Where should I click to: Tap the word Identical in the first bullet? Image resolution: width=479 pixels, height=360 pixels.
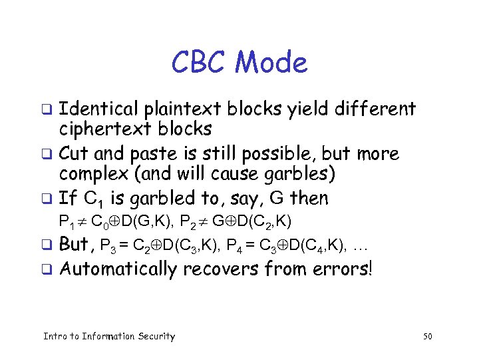click(x=98, y=108)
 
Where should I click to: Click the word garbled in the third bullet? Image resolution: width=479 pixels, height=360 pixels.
click(x=166, y=198)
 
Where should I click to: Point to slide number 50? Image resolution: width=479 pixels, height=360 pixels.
click(x=428, y=337)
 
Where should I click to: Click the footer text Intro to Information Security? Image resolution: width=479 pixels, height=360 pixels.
click(x=109, y=337)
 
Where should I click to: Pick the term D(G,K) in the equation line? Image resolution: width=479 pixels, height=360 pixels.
click(x=140, y=221)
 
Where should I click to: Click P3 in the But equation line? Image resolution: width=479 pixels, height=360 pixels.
click(x=107, y=246)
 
